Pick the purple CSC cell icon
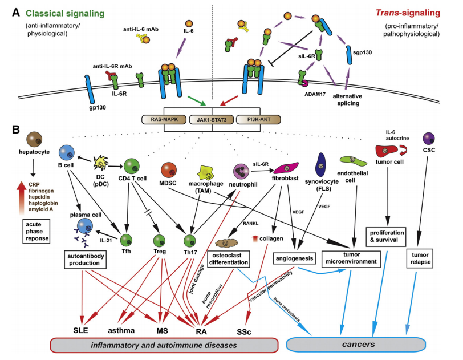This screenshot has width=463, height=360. click(x=429, y=138)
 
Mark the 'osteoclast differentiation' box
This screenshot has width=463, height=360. click(x=235, y=258)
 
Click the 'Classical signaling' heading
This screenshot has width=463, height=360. click(x=64, y=13)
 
